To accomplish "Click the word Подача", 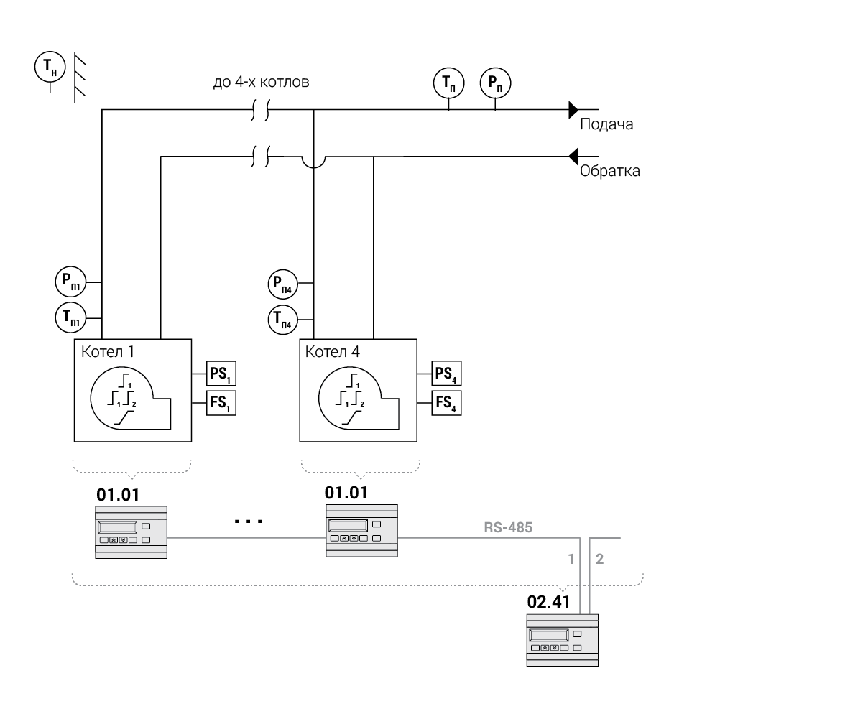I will click(606, 125).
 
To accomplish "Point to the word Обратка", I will click(609, 172).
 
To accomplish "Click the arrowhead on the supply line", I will click(573, 109).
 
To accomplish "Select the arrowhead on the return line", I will click(573, 155).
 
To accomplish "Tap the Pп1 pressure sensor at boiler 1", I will click(71, 282).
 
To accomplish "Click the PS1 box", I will click(221, 374).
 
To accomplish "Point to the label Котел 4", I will click(333, 353).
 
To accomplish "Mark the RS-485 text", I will click(508, 528).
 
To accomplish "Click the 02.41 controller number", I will click(548, 602).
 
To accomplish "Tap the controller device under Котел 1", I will click(131, 532).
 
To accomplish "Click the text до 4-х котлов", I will click(262, 83).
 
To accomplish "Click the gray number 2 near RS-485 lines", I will click(600, 559).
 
